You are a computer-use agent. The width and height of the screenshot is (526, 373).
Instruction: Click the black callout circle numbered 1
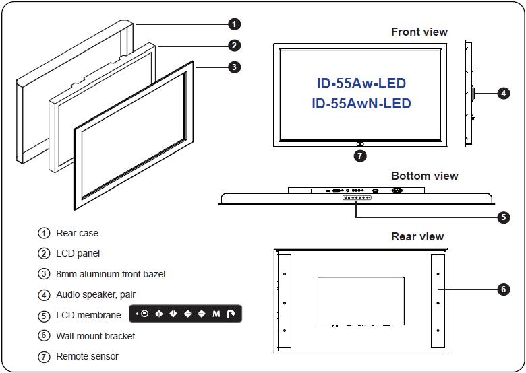233,24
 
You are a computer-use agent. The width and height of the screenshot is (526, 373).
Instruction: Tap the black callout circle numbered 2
233,46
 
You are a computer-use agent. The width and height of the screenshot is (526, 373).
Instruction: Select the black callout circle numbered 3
233,67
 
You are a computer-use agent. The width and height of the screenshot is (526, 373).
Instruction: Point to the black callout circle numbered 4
503,94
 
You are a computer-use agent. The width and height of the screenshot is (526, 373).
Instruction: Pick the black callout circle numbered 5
503,217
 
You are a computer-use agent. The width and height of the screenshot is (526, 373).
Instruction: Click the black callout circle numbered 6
503,290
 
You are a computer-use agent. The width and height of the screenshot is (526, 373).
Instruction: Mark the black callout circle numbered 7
360,156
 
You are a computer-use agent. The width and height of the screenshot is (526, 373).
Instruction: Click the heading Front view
419,32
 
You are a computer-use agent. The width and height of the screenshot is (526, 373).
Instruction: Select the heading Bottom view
424,176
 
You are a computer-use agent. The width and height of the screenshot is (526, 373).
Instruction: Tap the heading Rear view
417,236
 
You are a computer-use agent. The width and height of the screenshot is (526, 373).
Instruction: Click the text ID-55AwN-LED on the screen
361,104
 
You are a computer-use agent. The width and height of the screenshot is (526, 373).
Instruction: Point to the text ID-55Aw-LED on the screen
361,83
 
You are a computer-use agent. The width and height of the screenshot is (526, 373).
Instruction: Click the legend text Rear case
77,233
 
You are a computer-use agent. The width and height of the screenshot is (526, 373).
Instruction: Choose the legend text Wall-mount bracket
95,335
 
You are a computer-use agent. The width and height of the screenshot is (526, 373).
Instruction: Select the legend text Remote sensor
87,355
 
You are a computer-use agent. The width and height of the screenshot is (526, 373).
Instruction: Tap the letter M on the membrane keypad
216,314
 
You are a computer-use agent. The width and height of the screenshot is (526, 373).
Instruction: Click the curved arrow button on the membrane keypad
231,314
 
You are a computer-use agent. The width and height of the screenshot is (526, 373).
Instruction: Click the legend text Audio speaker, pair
96,294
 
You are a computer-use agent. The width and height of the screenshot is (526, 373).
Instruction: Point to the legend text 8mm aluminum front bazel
111,274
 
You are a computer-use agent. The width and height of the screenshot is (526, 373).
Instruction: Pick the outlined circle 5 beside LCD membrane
44,315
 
